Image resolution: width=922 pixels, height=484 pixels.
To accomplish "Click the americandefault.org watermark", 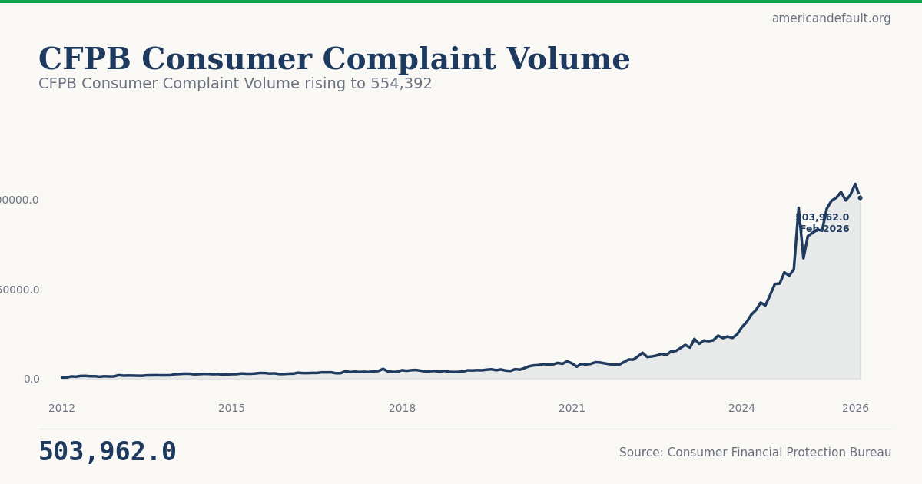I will (x=831, y=18).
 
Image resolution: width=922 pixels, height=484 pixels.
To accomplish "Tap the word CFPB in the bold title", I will (x=85, y=60).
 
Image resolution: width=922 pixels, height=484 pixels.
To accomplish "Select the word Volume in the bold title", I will (x=569, y=60).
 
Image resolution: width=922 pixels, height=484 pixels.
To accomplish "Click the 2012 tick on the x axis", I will (x=62, y=409).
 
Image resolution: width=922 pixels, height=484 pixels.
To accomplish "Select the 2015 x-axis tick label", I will (x=232, y=409).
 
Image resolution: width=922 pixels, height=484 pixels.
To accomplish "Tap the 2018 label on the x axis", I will (x=402, y=409).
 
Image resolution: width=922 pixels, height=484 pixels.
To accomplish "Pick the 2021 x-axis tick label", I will (x=572, y=409).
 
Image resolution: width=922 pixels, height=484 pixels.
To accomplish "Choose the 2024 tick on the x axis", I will (x=741, y=409).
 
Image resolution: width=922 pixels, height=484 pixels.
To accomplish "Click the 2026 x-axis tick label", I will (x=855, y=409).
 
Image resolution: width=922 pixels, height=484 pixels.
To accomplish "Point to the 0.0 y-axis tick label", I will (x=32, y=379).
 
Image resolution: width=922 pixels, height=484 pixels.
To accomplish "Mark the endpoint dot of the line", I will (x=860, y=197).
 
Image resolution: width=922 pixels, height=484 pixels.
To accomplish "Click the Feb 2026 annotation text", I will (x=824, y=229).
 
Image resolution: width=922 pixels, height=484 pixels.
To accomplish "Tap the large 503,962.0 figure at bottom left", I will (x=108, y=452).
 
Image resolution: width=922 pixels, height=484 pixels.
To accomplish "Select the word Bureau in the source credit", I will (x=871, y=453).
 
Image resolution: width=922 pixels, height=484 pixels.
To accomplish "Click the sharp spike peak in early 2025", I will (x=798, y=208).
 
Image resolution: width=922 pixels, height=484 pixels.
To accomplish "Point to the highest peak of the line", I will (x=855, y=184).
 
